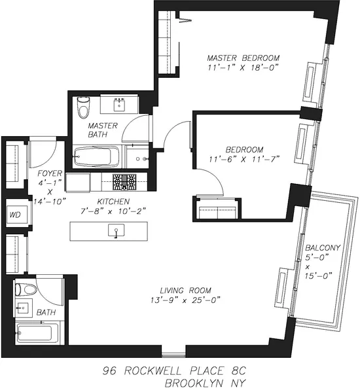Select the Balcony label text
pyautogui.click(x=322, y=247)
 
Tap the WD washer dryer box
pyautogui.click(x=15, y=215)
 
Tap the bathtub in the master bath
pyautogui.click(x=96, y=157)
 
